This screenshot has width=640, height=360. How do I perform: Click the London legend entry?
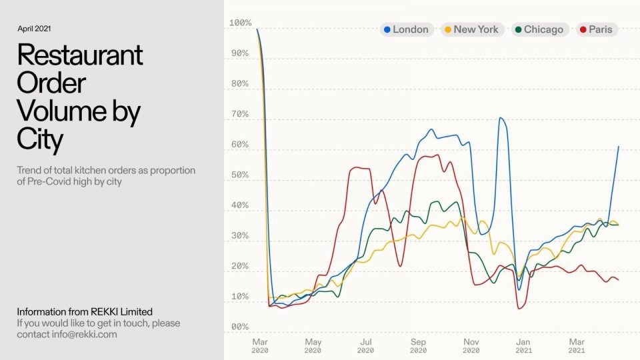pos(407,29)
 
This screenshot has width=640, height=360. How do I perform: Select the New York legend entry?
pos(472,29)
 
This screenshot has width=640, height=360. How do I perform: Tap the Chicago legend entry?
pos(539,29)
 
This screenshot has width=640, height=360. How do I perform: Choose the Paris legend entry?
pos(597,29)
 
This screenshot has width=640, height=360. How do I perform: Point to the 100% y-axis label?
pos(240,23)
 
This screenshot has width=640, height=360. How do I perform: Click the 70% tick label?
pos(240,115)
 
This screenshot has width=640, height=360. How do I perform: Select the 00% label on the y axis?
pos(240,327)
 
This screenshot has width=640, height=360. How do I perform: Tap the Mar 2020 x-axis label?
pos(260,345)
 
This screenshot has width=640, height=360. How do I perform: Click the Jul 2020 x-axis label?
pos(365,345)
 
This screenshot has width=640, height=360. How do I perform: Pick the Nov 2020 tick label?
pos(471,345)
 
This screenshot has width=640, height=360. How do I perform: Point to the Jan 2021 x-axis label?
pos(524,345)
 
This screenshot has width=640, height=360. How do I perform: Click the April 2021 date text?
pos(34,29)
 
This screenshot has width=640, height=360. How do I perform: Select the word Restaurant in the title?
pos(80,55)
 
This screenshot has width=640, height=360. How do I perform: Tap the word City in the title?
pos(40,140)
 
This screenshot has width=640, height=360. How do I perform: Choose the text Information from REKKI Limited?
pos(85,312)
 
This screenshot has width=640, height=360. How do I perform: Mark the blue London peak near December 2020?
pos(500,118)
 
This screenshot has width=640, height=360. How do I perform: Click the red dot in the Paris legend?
pos(584,29)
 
